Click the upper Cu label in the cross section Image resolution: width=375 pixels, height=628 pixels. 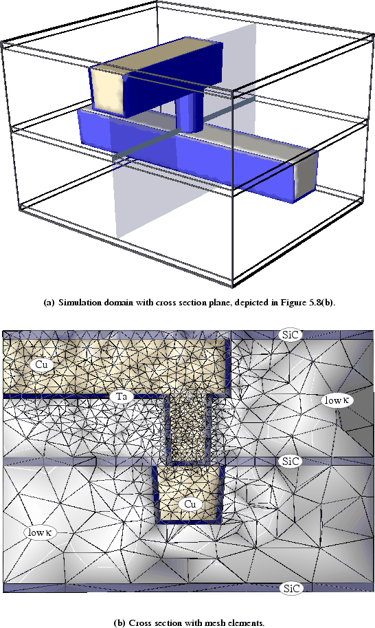coord(42,365)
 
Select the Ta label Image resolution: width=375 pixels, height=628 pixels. coord(122,397)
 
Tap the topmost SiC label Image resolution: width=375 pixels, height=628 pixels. coord(291,335)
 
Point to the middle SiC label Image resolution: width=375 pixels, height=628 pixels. coord(291,462)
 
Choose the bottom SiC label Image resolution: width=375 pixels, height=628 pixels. coord(291,588)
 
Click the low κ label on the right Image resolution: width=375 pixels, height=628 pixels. coord(337,400)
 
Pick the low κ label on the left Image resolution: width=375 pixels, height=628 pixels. coord(41,532)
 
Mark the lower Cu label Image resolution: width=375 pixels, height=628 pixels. coord(190,504)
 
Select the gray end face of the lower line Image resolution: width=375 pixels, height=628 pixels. coord(306,176)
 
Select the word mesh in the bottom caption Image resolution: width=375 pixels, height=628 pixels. coord(223,622)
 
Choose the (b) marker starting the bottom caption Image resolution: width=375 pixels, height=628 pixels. coord(119,622)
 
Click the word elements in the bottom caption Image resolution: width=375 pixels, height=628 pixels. coord(250,622)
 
